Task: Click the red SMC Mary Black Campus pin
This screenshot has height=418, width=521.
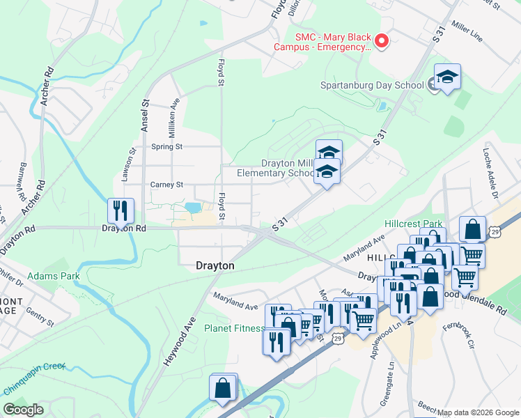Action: [x=381, y=42]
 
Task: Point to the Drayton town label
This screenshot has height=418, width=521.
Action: [x=215, y=266]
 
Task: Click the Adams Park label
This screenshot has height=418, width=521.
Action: [x=54, y=276]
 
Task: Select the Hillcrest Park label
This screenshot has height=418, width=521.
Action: [x=414, y=224]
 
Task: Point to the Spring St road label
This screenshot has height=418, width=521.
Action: [x=166, y=147]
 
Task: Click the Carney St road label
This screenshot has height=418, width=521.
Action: [x=166, y=185]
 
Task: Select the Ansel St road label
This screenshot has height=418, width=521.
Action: [x=146, y=115]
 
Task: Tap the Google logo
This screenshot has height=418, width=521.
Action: [x=24, y=410]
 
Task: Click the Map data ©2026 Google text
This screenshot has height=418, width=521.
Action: [x=479, y=412]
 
